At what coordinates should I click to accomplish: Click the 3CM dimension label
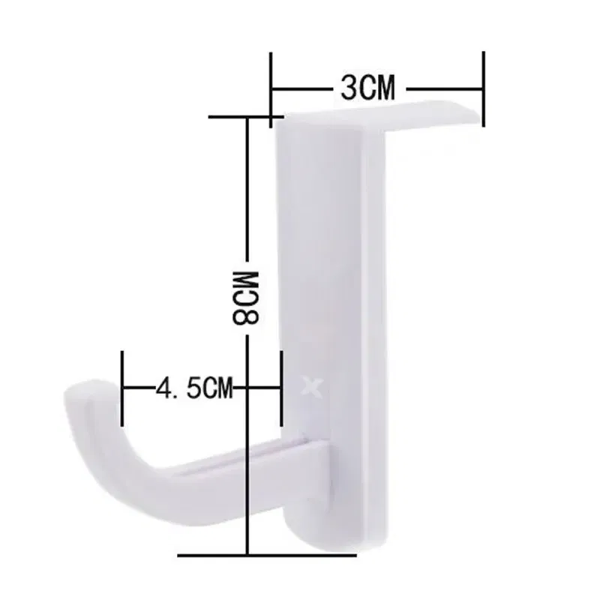367,89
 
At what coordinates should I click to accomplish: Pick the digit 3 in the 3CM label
348,89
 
